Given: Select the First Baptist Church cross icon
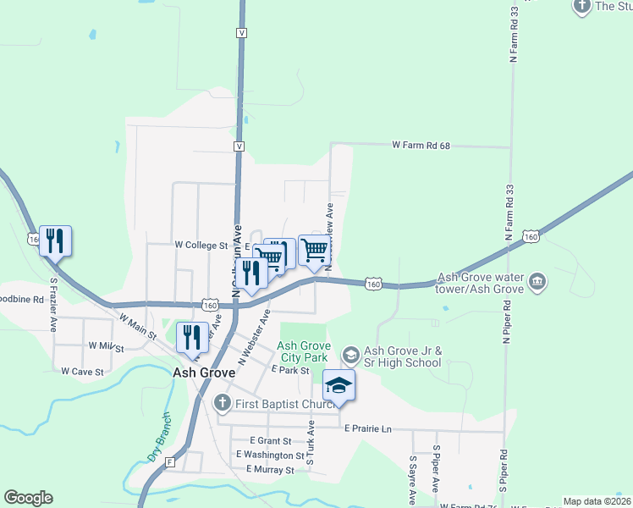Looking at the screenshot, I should click(x=222, y=402).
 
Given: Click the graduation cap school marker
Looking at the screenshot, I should click(x=339, y=386).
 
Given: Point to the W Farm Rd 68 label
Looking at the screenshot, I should click(x=420, y=146).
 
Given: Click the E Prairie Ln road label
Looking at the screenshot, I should click(x=367, y=429).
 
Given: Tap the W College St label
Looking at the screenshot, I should click(x=201, y=246).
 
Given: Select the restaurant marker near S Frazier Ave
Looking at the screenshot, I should click(x=56, y=241).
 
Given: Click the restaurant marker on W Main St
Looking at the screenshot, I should click(x=192, y=337).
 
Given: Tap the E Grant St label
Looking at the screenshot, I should click(x=271, y=441).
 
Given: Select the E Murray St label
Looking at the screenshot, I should click(x=270, y=469).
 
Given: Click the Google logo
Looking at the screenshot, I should click(x=28, y=498).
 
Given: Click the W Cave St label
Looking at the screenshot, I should click(x=82, y=371).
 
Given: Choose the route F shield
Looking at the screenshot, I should click(x=170, y=462).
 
